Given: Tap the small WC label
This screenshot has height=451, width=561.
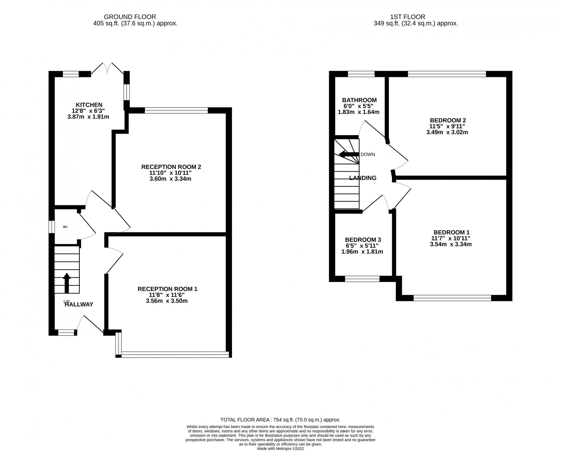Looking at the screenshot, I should click(65, 227).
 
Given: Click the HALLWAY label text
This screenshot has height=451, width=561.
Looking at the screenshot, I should click(79, 304).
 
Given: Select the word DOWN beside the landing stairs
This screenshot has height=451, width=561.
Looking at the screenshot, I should click(367, 154).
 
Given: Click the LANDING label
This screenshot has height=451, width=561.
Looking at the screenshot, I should click(363, 178).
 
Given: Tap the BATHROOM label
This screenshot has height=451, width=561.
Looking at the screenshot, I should click(359, 100).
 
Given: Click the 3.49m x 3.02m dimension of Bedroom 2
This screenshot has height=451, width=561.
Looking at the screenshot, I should click(447, 132).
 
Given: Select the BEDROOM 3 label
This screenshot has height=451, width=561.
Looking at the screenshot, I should click(363, 240).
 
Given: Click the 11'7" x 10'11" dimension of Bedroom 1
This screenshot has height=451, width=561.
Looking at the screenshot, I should click(450, 238).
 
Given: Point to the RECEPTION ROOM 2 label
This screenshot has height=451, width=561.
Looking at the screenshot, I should click(171, 167).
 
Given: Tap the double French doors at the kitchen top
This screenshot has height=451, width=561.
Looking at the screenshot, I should click(108, 68).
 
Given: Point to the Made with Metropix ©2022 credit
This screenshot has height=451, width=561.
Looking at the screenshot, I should click(280, 448).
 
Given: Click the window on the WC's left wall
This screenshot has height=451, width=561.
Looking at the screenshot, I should click(51, 227).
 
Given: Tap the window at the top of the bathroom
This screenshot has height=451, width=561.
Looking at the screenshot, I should click(361, 74).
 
